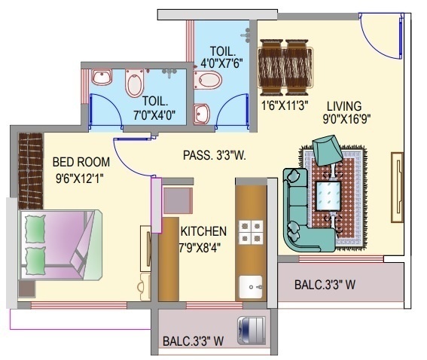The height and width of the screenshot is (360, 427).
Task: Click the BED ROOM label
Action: point(81,162)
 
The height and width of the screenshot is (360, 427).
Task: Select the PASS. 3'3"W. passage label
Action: point(215,156)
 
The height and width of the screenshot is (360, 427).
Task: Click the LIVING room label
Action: point(343,105)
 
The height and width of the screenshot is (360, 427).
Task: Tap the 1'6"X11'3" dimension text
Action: point(284,105)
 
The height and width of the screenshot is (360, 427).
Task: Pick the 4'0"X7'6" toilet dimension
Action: point(221,64)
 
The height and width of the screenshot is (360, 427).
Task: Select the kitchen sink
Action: point(250,287)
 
